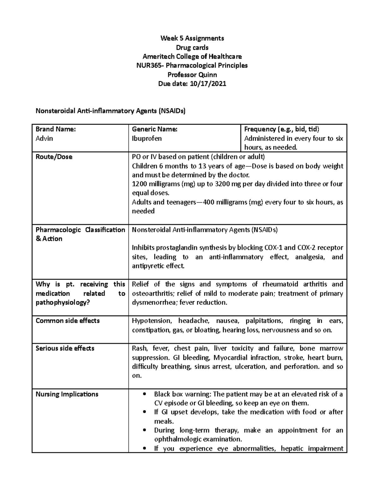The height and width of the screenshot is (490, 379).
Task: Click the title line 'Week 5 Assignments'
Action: [x=192, y=38]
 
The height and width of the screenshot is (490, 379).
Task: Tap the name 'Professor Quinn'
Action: [x=192, y=75]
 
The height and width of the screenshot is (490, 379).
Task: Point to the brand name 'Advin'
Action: [x=44, y=139]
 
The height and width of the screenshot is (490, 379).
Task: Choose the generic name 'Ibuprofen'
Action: [x=147, y=139]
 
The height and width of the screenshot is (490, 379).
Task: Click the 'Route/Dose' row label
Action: [x=54, y=157]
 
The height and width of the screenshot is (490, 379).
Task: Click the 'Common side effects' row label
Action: [x=68, y=321]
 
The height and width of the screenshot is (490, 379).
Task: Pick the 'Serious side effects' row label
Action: [x=65, y=348]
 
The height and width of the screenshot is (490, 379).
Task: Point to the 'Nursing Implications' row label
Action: [x=67, y=394]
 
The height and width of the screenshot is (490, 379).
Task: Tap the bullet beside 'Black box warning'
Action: [x=145, y=394]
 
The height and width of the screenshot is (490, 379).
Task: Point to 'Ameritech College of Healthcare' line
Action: [x=192, y=57]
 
